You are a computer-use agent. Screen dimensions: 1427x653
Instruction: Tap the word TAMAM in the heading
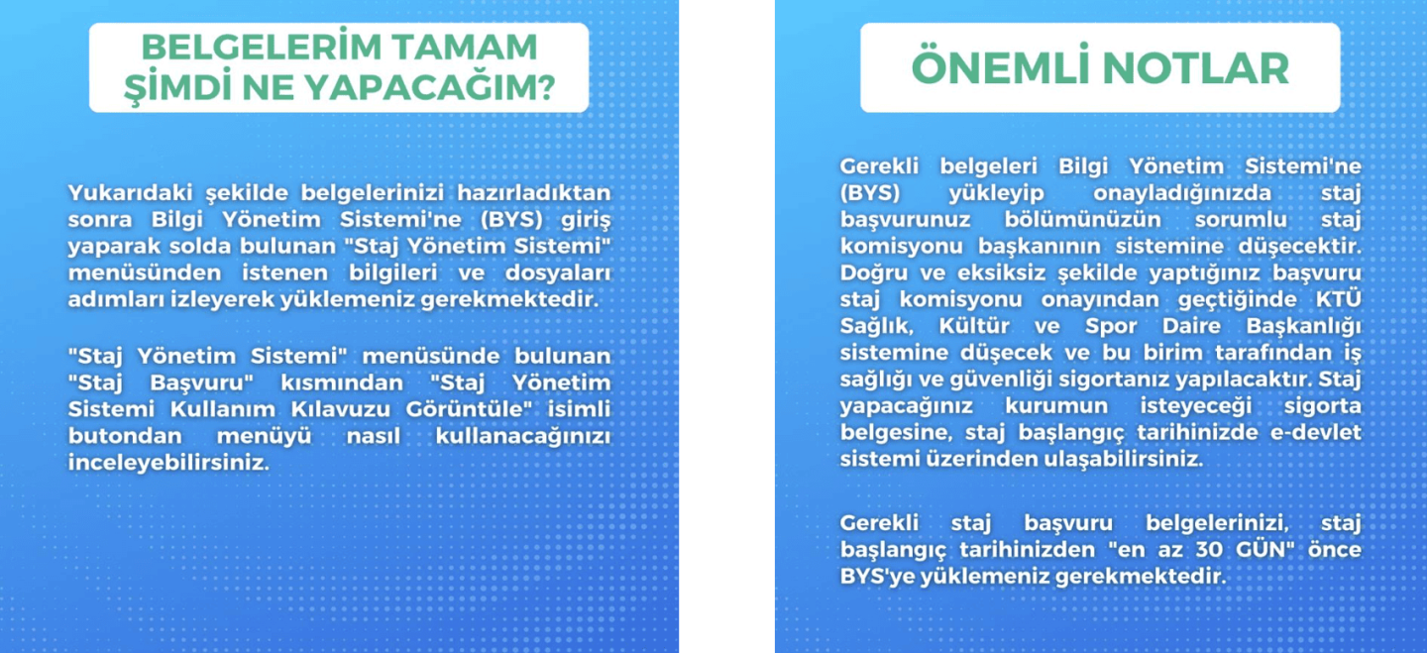pyautogui.click(x=465, y=48)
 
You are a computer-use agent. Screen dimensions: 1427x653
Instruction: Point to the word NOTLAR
pyautogui.click(x=1196, y=68)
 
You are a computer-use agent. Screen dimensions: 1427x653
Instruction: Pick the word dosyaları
pyautogui.click(x=558, y=273)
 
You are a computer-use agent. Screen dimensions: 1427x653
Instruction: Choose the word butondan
pyautogui.click(x=125, y=436)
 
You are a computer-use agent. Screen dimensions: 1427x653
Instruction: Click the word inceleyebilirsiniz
pyautogui.click(x=168, y=463)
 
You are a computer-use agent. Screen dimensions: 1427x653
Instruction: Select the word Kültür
pyautogui.click(x=974, y=326)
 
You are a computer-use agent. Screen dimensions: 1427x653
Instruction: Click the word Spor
pyautogui.click(x=1111, y=327)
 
